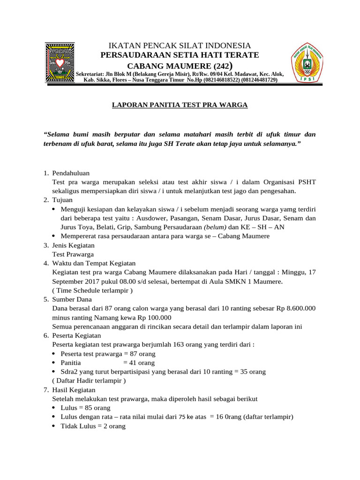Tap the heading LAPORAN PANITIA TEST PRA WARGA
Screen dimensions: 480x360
[x=180, y=105]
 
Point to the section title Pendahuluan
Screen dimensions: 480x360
[x=71, y=173]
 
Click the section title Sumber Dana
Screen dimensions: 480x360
[x=72, y=300]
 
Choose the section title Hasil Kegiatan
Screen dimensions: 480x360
[x=74, y=390]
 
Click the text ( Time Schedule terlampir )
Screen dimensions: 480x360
[x=92, y=291]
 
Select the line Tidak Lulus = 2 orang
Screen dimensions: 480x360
[x=93, y=427]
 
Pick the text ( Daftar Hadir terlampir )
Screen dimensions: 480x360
[x=89, y=381]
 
